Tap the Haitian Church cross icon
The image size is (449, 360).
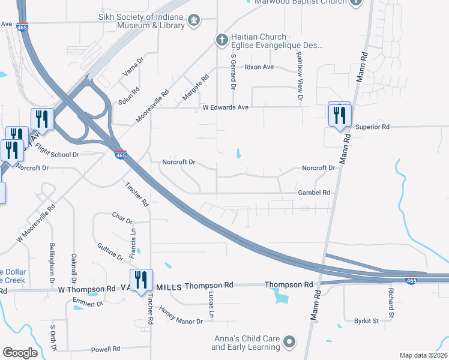click(x=221, y=40)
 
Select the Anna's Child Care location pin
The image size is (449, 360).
click(x=289, y=343)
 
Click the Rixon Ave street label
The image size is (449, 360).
click(x=259, y=67)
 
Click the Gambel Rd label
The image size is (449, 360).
click(x=314, y=193)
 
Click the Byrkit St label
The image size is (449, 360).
click(x=366, y=321)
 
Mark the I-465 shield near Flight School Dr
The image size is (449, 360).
click(x=121, y=155)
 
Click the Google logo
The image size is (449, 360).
click(x=20, y=353)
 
